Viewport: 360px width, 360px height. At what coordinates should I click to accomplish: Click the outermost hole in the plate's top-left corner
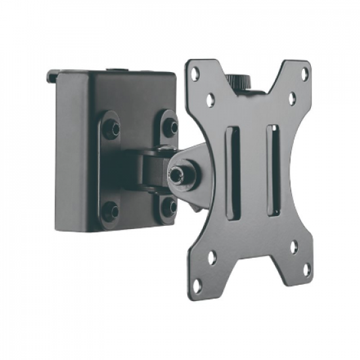click(196, 73)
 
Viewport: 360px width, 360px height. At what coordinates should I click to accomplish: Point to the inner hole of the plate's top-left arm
click(210, 100)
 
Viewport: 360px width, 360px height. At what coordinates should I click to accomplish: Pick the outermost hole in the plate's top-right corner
click(304, 73)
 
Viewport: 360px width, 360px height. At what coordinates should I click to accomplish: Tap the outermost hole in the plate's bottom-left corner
click(196, 286)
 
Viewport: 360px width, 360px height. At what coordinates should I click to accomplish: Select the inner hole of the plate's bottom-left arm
click(211, 257)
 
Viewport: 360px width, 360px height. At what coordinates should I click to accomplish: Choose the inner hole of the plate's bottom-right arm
click(293, 247)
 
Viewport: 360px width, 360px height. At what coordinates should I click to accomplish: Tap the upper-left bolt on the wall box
click(111, 128)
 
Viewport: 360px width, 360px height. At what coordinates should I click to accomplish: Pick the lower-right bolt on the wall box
click(169, 206)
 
